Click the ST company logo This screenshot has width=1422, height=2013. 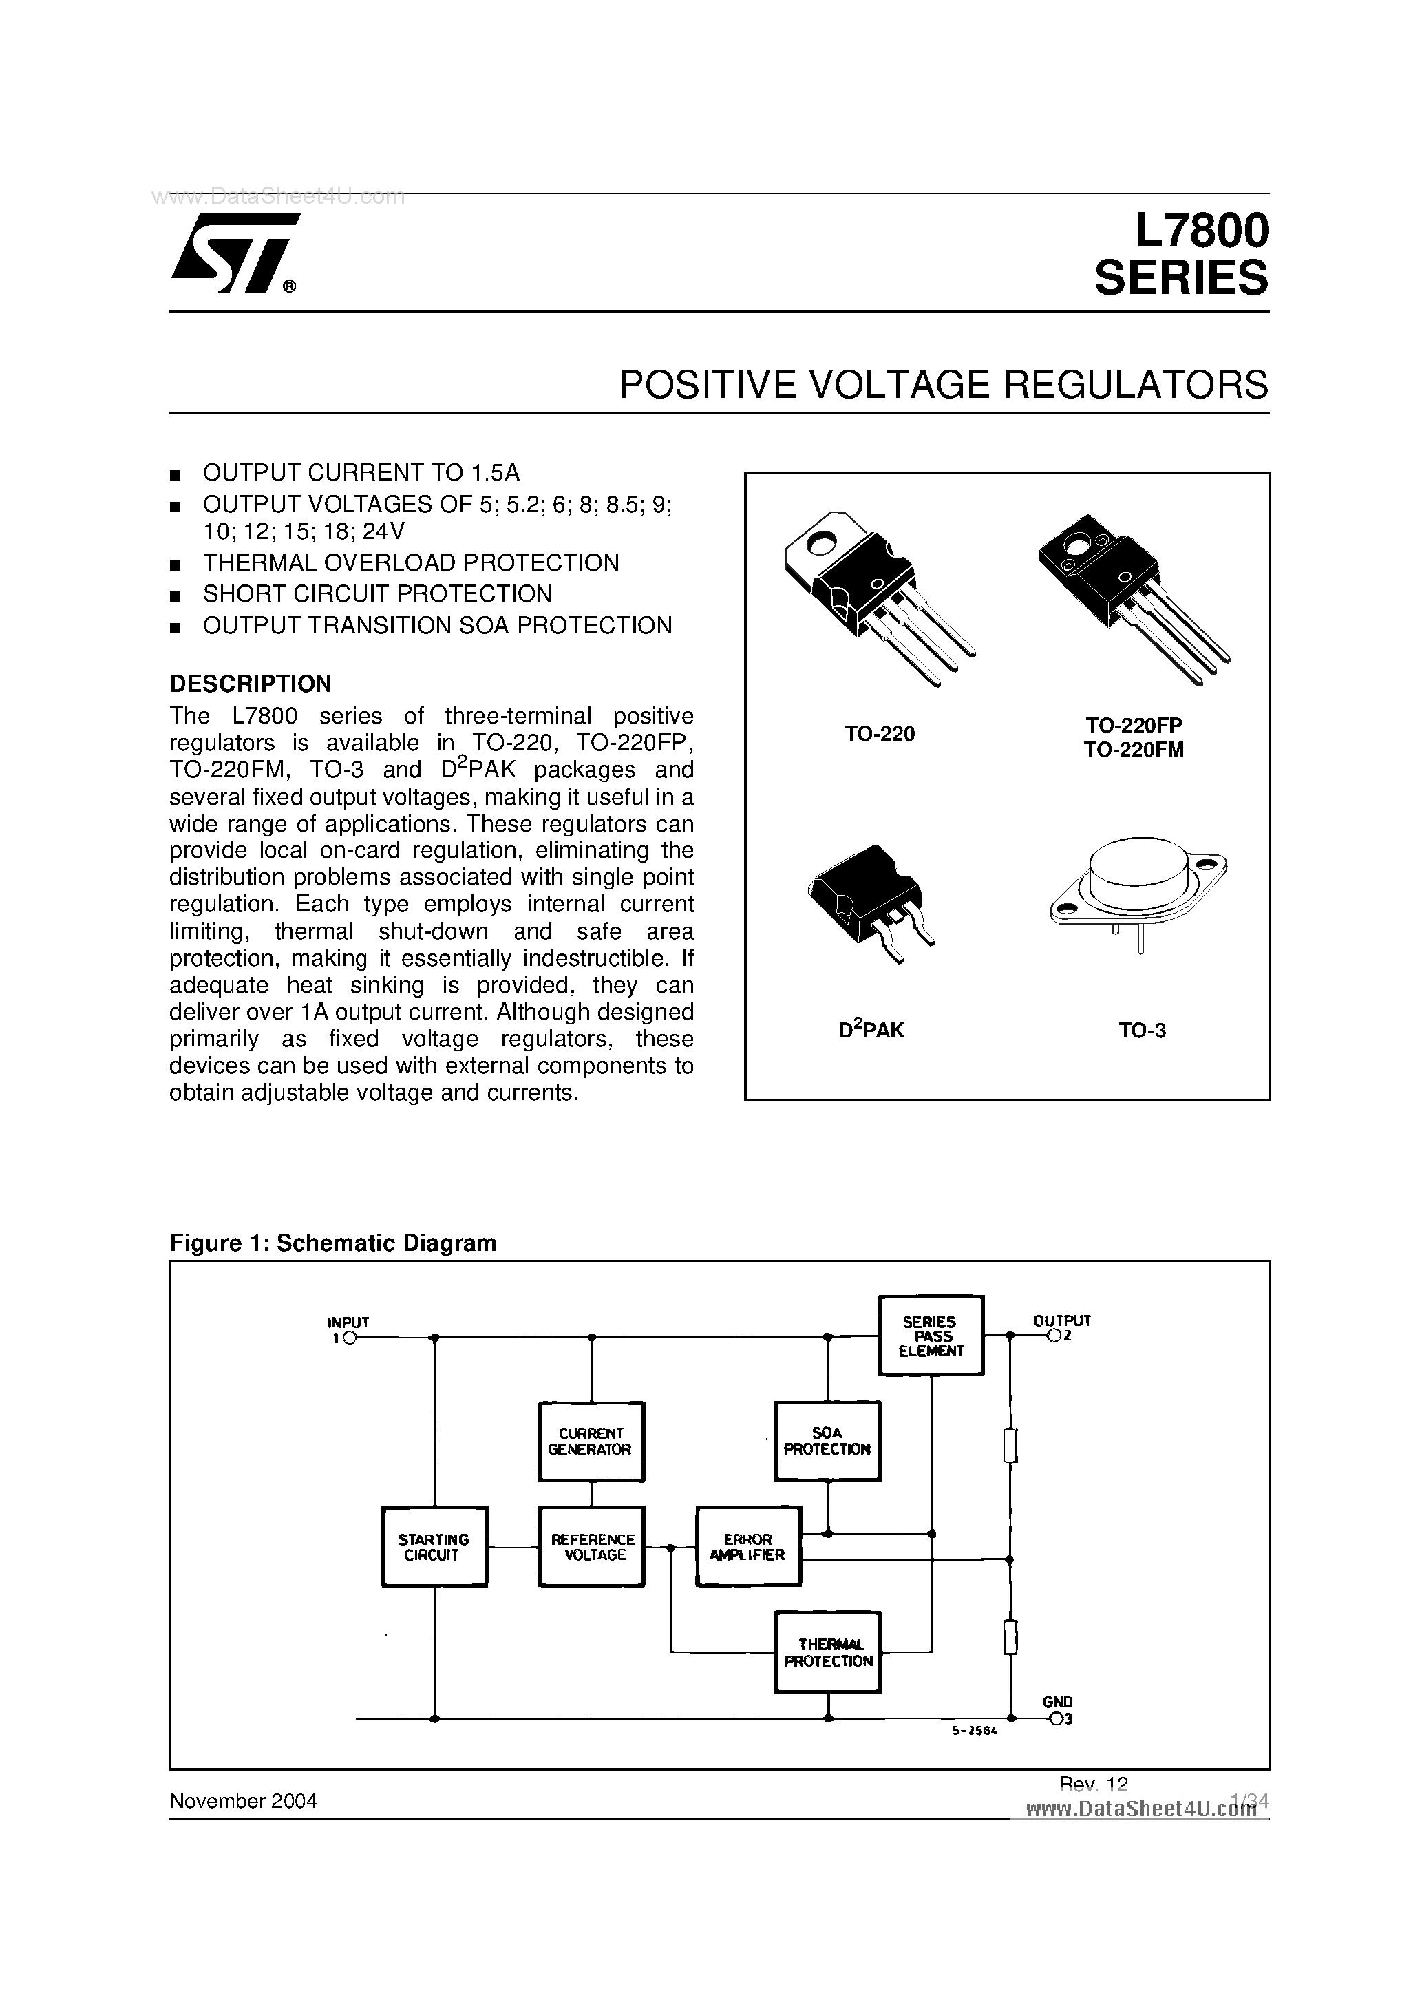click(231, 253)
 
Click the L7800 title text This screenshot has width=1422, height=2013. click(1200, 231)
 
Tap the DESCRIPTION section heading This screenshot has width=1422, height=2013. click(250, 683)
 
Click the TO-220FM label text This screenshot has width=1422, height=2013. click(1134, 750)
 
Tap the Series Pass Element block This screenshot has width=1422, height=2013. click(931, 1336)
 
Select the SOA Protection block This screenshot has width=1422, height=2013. click(827, 1442)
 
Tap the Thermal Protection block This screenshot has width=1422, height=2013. click(827, 1653)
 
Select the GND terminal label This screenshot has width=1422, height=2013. click(1057, 1702)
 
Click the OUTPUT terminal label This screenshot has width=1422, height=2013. click(1061, 1320)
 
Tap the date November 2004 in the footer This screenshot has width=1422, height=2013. click(243, 1801)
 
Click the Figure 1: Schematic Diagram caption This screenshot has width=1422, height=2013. click(332, 1243)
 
